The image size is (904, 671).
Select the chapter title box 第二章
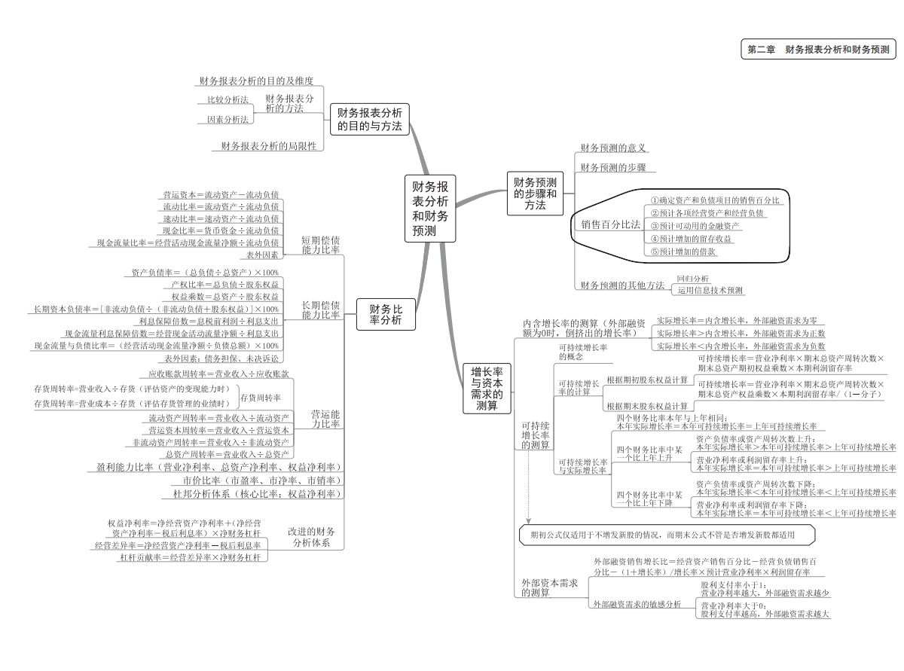pos(818,50)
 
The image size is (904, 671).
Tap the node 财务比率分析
pos(386,314)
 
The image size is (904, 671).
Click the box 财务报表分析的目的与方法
pos(369,119)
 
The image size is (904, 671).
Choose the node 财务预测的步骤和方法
pos(536,194)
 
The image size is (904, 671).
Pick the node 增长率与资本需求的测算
pos(487,389)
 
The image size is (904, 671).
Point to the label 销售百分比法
pos(610,224)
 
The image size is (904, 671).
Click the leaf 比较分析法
pos(227,99)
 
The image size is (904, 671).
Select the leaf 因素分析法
pos(227,119)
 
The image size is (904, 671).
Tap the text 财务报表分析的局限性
pos(268,146)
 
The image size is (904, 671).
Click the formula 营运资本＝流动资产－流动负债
pos(221,194)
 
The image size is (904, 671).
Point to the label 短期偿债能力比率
pos(321,245)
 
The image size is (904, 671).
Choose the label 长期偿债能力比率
pos(321,310)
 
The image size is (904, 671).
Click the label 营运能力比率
pos(325,419)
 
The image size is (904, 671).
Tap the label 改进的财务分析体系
pos(311,536)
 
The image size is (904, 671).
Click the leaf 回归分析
pos(692,279)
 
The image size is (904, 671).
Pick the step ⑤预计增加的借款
pos(683,252)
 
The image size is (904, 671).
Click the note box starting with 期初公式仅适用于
pos(667,535)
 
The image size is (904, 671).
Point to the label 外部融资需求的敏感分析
pos(637,604)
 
